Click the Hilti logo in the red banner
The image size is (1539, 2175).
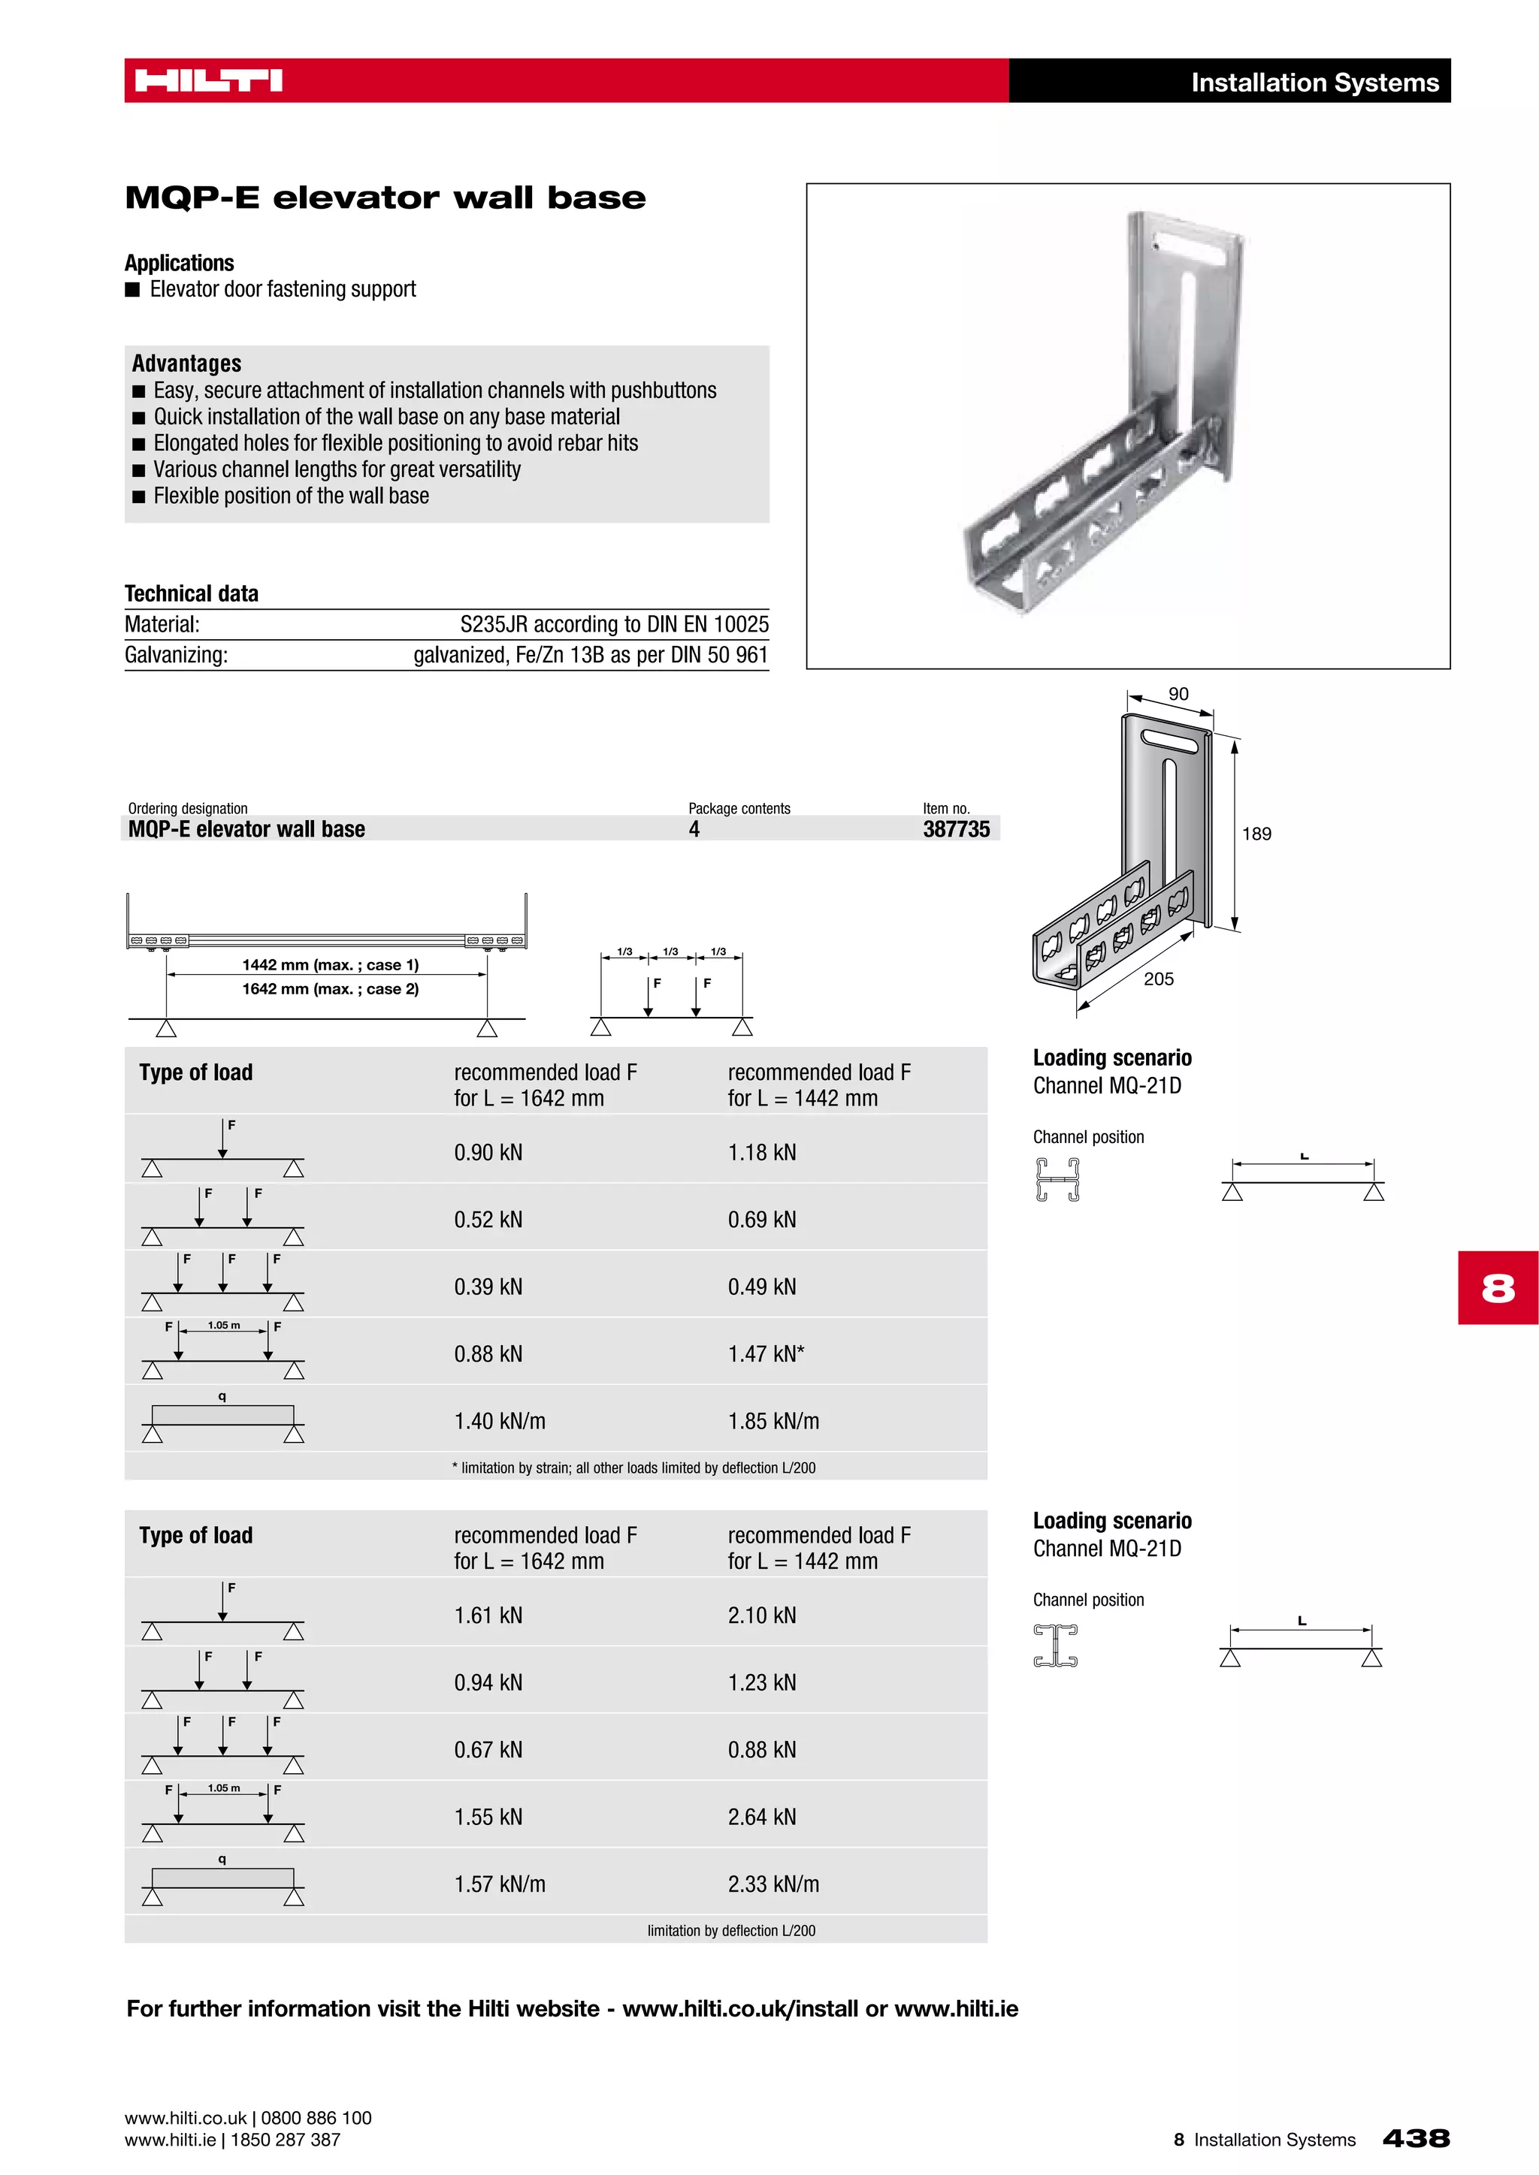208,80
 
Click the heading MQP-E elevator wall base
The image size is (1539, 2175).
385,198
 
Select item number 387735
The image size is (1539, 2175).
955,829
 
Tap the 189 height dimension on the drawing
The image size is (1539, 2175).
1256,834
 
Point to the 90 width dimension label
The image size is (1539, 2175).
1178,695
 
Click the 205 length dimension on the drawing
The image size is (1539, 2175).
1158,979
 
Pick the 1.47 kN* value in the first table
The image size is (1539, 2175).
766,1353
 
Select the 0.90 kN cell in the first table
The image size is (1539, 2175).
488,1153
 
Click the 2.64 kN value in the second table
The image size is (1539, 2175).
762,1817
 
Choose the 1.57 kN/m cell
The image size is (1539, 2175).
500,1884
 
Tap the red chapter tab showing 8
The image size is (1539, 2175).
1498,1287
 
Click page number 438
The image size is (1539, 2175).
1416,2138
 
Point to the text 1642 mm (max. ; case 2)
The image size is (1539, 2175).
330,989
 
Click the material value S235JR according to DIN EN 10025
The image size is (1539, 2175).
614,624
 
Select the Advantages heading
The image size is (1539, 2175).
186,364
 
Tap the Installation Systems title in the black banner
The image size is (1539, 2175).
1314,83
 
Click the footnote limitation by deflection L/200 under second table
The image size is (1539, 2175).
730,1931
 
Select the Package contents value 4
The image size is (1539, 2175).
694,829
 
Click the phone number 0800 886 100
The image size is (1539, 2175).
316,2118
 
